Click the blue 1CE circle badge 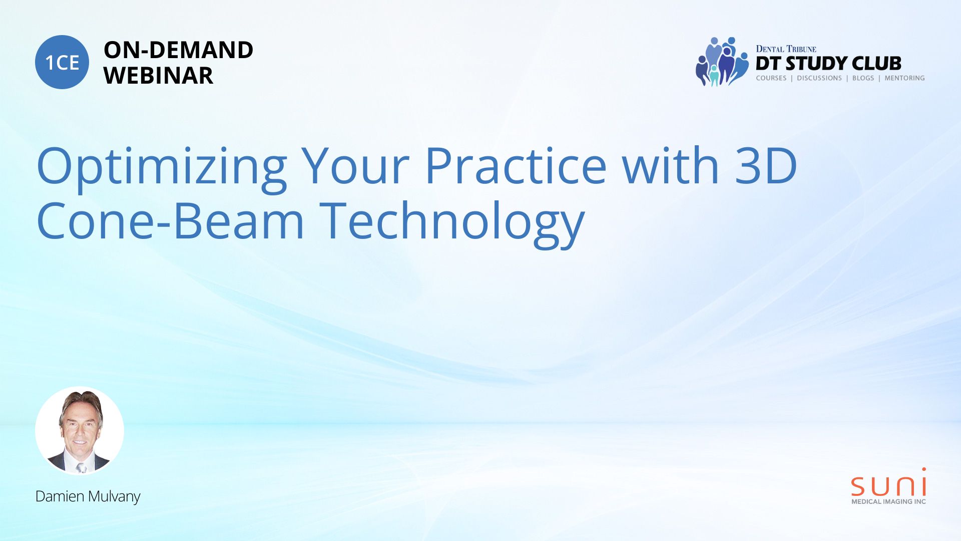62,62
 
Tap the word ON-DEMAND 178,50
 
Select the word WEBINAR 158,76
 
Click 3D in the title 766,165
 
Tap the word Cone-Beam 170,220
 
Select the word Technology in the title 452,223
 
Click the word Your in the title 355,165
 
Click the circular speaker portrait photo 80,431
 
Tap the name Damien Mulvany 88,496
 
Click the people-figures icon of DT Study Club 722,62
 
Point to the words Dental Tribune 786,49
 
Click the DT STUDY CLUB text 828,64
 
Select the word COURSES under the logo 771,78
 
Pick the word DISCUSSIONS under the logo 819,78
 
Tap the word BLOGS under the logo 863,78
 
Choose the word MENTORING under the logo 904,78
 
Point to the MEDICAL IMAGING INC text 889,501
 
